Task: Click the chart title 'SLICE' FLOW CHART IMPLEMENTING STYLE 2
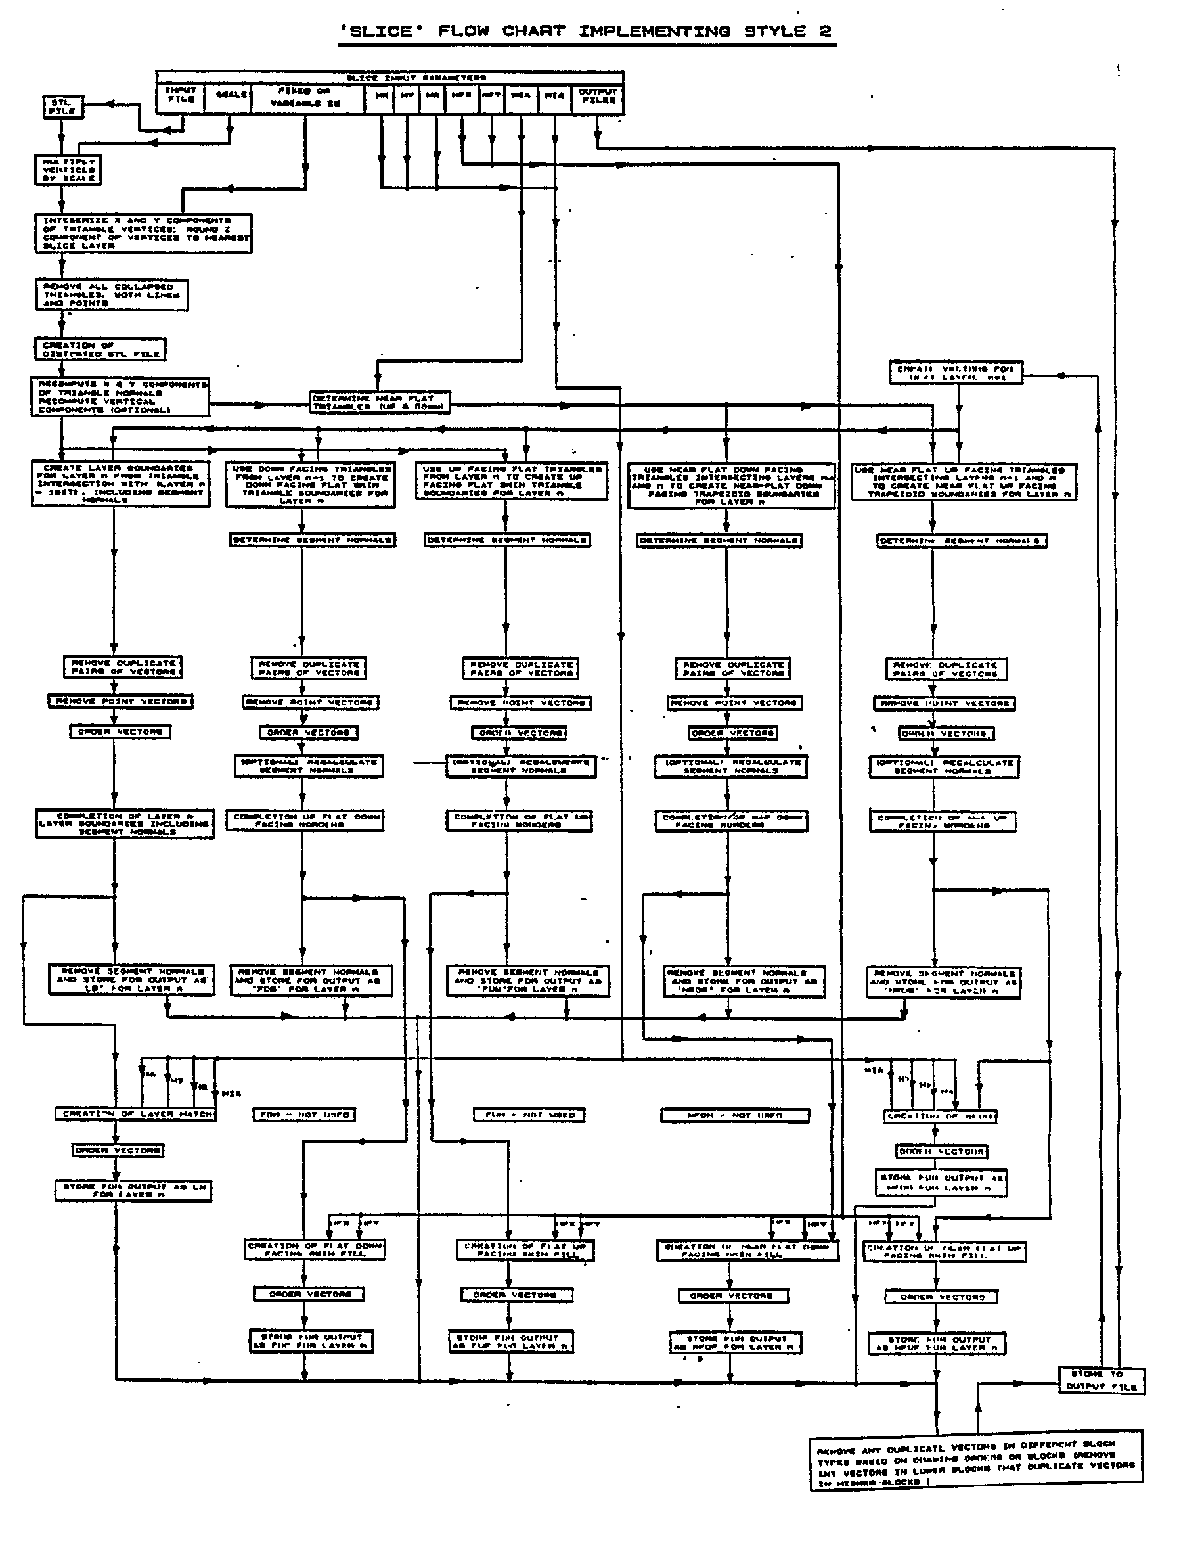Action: click(x=586, y=32)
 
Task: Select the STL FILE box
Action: click(x=63, y=106)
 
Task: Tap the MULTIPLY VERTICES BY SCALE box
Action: click(x=68, y=170)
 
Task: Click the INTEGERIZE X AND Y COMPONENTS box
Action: click(x=143, y=233)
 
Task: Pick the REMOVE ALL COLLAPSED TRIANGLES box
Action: click(x=112, y=294)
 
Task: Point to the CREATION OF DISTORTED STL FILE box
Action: click(x=100, y=350)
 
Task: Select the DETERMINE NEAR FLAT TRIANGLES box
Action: click(x=379, y=403)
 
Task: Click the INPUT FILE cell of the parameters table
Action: click(x=180, y=95)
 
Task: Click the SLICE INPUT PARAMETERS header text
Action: click(x=416, y=78)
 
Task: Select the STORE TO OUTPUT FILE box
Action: click(x=1101, y=1380)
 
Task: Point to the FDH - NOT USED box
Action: click(x=304, y=1115)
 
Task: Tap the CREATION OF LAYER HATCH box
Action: click(x=135, y=1114)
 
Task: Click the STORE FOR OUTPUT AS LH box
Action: click(x=133, y=1191)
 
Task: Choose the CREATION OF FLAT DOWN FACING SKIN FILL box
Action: click(x=315, y=1250)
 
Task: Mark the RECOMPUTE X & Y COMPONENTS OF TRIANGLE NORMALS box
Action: click(x=120, y=397)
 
